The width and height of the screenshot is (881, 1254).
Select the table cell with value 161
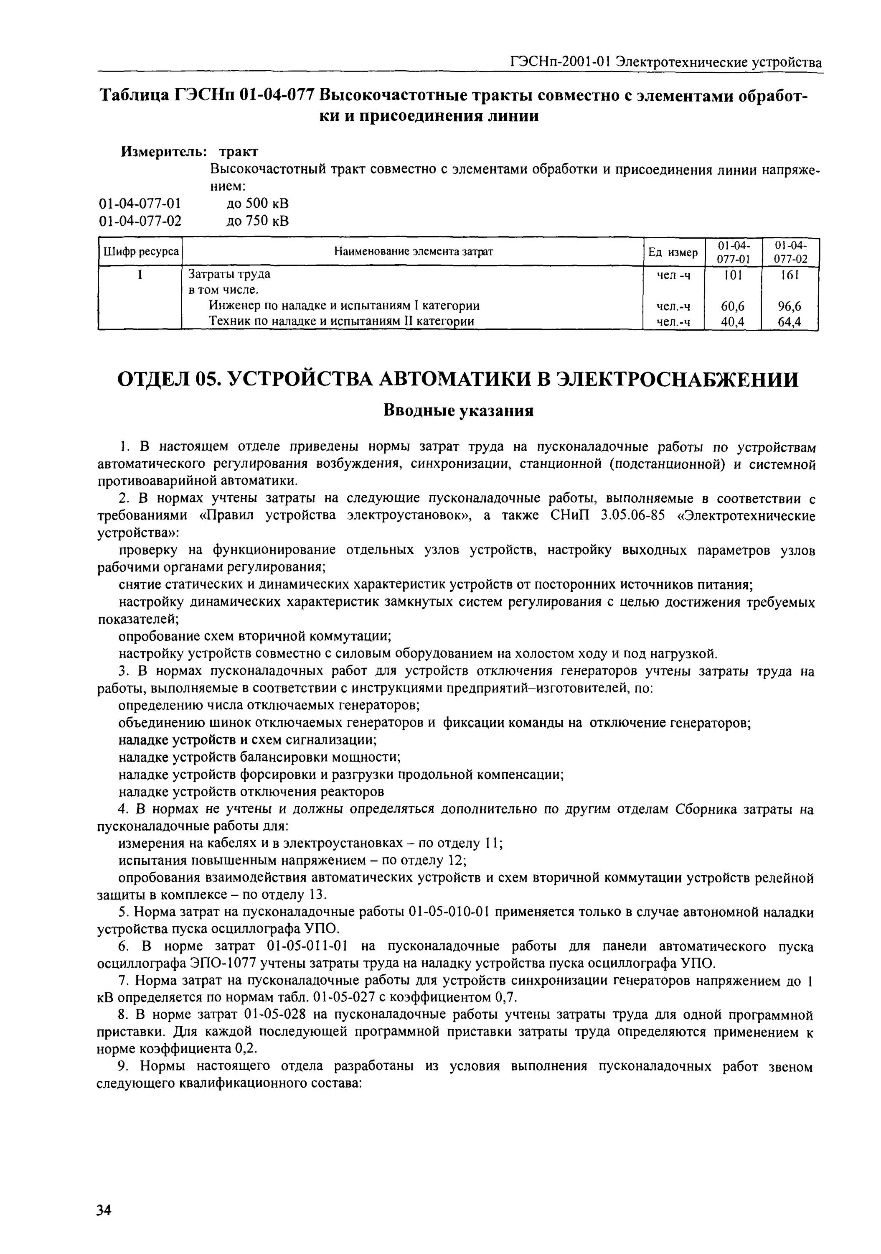coord(789,275)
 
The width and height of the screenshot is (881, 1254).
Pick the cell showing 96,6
coord(789,306)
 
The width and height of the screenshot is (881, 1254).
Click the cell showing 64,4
coord(789,322)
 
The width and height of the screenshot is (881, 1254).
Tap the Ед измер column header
coord(673,252)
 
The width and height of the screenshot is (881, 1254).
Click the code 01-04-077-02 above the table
coord(140,221)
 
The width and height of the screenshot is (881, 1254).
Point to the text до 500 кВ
coord(257,203)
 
